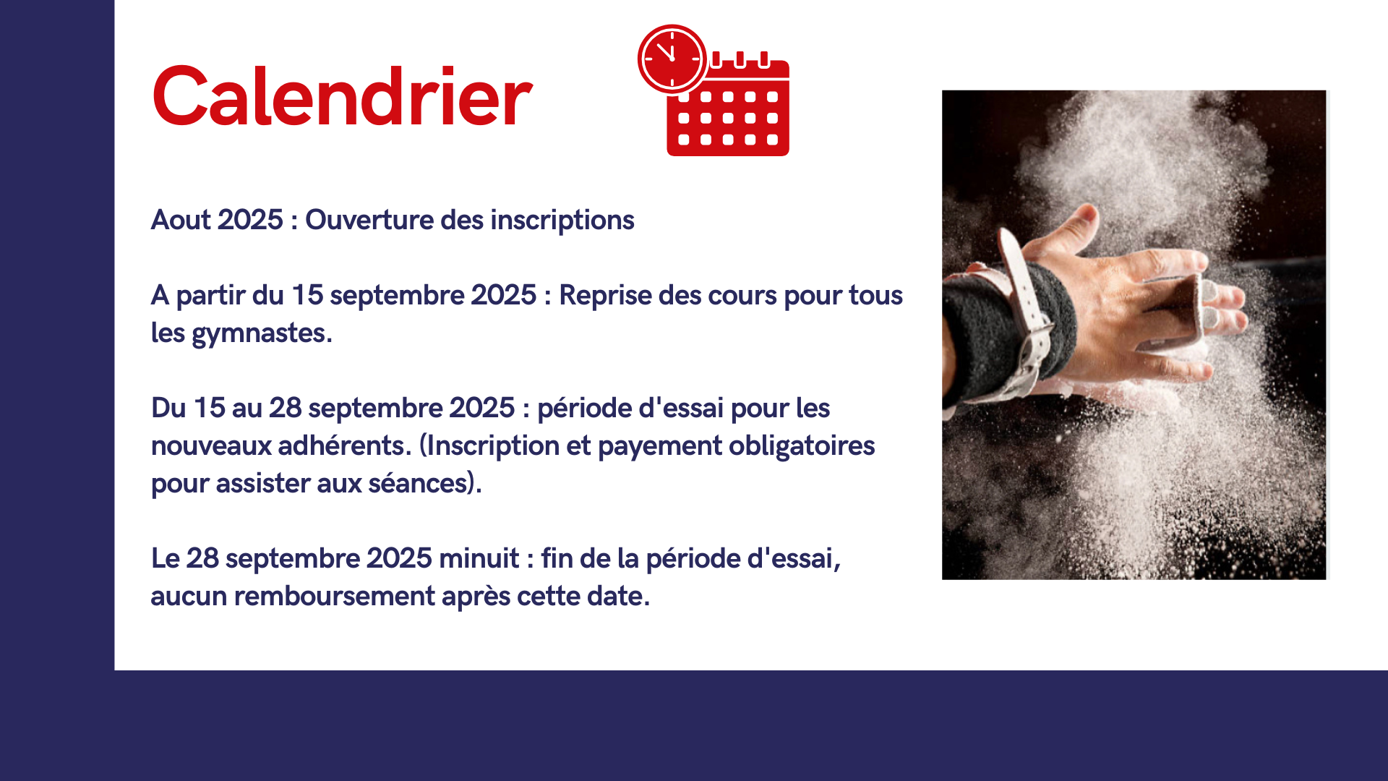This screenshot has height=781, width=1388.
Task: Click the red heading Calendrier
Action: (342, 97)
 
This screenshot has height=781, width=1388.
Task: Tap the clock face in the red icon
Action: (672, 59)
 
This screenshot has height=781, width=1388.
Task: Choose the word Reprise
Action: (605, 296)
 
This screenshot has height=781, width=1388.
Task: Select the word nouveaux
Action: (211, 446)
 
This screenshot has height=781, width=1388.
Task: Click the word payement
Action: (659, 446)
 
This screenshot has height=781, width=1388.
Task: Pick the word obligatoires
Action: (802, 445)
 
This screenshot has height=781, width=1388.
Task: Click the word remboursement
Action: (334, 597)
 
